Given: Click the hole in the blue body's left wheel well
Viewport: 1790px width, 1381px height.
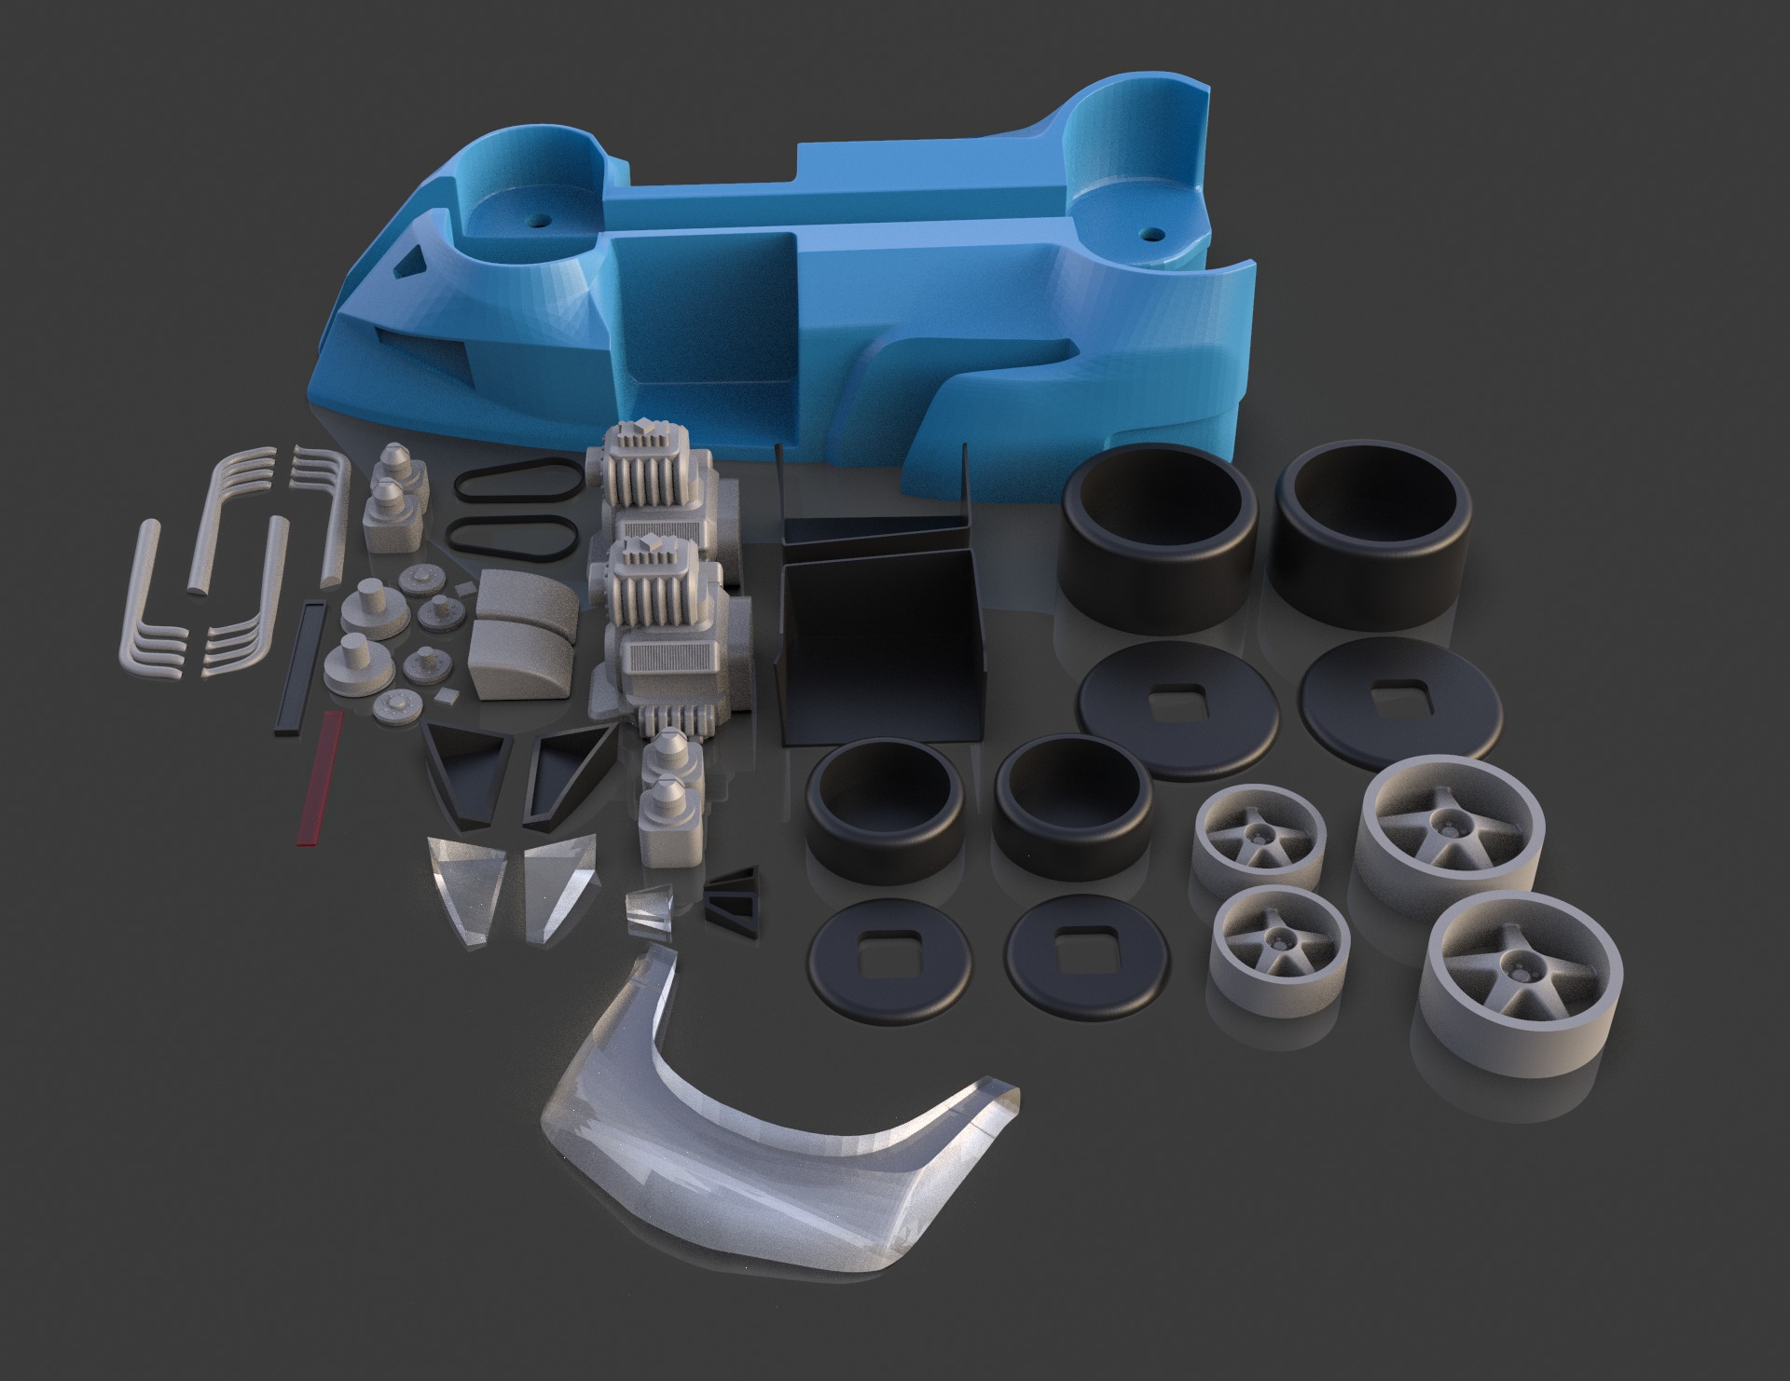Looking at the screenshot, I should (x=538, y=222).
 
